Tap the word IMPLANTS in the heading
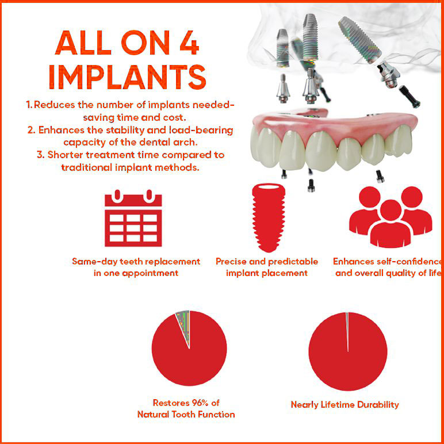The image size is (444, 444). click(128, 77)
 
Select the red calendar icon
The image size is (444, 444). click(133, 218)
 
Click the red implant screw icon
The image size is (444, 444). click(269, 217)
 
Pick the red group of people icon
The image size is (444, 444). click(391, 217)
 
